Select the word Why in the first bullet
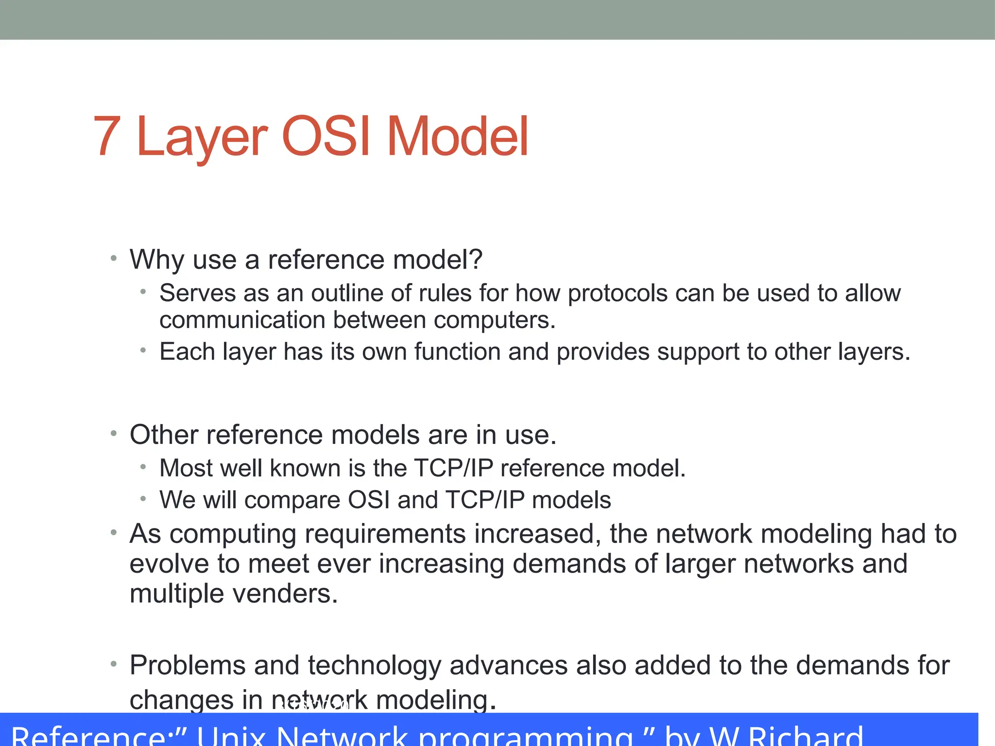(157, 259)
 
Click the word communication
(242, 320)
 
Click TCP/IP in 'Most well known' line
(453, 468)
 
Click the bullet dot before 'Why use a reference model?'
(114, 258)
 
